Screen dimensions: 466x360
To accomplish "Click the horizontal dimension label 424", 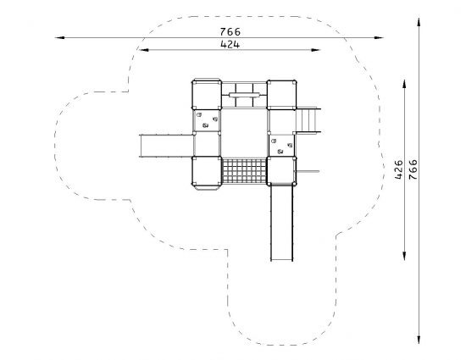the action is (230, 45).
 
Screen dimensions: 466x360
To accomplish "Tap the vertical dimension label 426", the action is (399, 169).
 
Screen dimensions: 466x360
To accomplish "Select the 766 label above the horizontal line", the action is (230, 31).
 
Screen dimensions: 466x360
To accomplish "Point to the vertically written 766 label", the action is (413, 169).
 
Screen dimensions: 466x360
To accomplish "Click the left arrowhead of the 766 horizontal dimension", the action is (59, 38).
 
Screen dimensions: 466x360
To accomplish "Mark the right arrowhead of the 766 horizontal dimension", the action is (379, 38).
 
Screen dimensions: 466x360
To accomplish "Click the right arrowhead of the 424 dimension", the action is (315, 50).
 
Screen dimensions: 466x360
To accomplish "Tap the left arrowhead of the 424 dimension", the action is (144, 50).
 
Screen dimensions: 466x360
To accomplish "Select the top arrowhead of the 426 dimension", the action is (404, 84).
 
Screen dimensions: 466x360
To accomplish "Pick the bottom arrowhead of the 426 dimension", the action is (404, 256).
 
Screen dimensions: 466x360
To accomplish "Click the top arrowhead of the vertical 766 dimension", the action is (419, 23).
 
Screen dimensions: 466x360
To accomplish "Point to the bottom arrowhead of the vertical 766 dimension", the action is (419, 339).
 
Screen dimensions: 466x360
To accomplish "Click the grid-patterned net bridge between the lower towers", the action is (244, 171).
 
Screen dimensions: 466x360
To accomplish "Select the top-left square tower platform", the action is (207, 95).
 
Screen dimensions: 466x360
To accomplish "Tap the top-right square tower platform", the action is (281, 95).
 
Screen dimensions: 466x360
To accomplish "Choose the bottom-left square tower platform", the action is (207, 171).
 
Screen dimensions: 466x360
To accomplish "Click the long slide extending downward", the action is (282, 222).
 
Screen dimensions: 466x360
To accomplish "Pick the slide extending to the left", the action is (166, 146).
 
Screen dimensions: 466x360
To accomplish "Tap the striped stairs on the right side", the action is (308, 120).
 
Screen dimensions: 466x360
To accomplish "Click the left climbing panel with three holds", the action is (207, 120).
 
